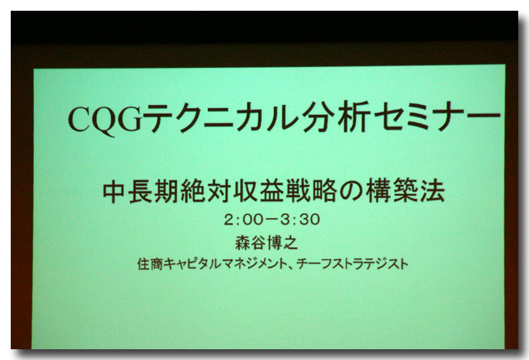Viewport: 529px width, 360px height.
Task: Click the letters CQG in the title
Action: pos(105,120)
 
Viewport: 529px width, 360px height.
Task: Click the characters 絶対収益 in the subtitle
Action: pos(232,191)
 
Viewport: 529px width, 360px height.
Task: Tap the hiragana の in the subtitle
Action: pos(351,191)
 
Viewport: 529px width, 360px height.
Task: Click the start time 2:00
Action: pos(243,220)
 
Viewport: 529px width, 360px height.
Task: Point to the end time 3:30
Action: pos(300,219)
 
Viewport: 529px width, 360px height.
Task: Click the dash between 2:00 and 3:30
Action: pos(271,220)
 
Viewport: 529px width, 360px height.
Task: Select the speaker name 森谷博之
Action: pos(266,243)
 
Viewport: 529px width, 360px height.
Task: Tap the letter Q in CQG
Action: pos(105,121)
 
